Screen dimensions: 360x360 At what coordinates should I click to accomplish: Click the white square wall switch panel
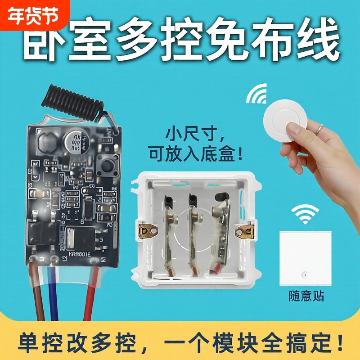(305, 258)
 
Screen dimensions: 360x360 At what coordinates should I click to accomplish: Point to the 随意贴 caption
(306, 296)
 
